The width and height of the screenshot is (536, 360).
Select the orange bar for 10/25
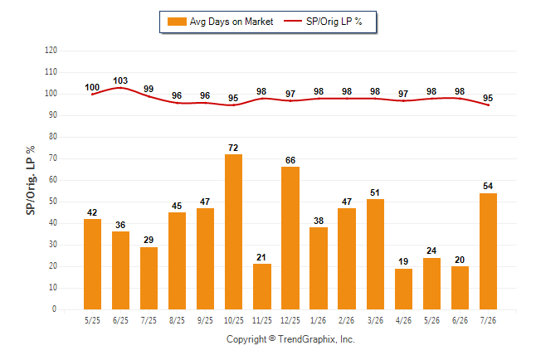click(x=233, y=231)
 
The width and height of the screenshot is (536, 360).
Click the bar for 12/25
click(x=290, y=238)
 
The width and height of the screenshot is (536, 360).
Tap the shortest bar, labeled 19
click(x=403, y=289)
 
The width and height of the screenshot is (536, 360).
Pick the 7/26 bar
click(x=488, y=251)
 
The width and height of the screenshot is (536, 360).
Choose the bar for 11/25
click(x=262, y=286)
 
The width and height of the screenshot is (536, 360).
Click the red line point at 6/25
click(x=120, y=88)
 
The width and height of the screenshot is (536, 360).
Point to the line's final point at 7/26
click(x=488, y=105)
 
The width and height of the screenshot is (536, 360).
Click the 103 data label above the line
click(x=120, y=80)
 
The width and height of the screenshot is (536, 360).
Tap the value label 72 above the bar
click(x=233, y=148)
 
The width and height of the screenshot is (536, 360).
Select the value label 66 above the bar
click(x=290, y=160)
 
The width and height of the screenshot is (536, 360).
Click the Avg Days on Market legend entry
click(x=221, y=22)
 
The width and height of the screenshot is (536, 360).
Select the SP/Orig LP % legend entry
click(x=323, y=22)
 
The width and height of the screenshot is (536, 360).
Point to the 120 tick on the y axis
click(x=51, y=51)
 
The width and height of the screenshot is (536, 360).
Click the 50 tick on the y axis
click(x=52, y=202)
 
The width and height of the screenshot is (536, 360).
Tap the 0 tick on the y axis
click(x=55, y=309)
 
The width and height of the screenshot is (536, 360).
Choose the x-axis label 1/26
click(x=319, y=320)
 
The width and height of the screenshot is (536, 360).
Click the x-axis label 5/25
click(x=92, y=320)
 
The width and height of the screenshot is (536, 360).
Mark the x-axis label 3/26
click(x=375, y=320)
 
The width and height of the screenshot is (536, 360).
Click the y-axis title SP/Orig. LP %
click(x=31, y=180)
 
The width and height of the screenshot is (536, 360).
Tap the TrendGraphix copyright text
click(x=290, y=339)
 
